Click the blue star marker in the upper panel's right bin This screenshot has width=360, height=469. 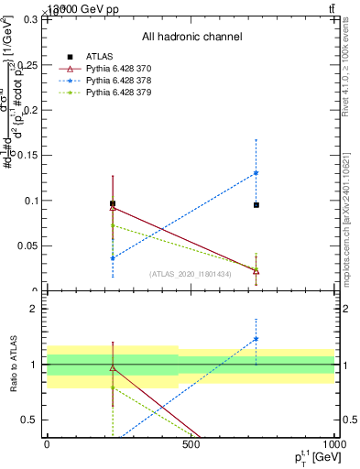[256, 172]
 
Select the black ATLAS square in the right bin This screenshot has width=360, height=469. [256, 205]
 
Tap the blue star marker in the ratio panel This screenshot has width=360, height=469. [256, 339]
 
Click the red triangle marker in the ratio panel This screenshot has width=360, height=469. [113, 368]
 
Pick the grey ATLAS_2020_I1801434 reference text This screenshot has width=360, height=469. [191, 274]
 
